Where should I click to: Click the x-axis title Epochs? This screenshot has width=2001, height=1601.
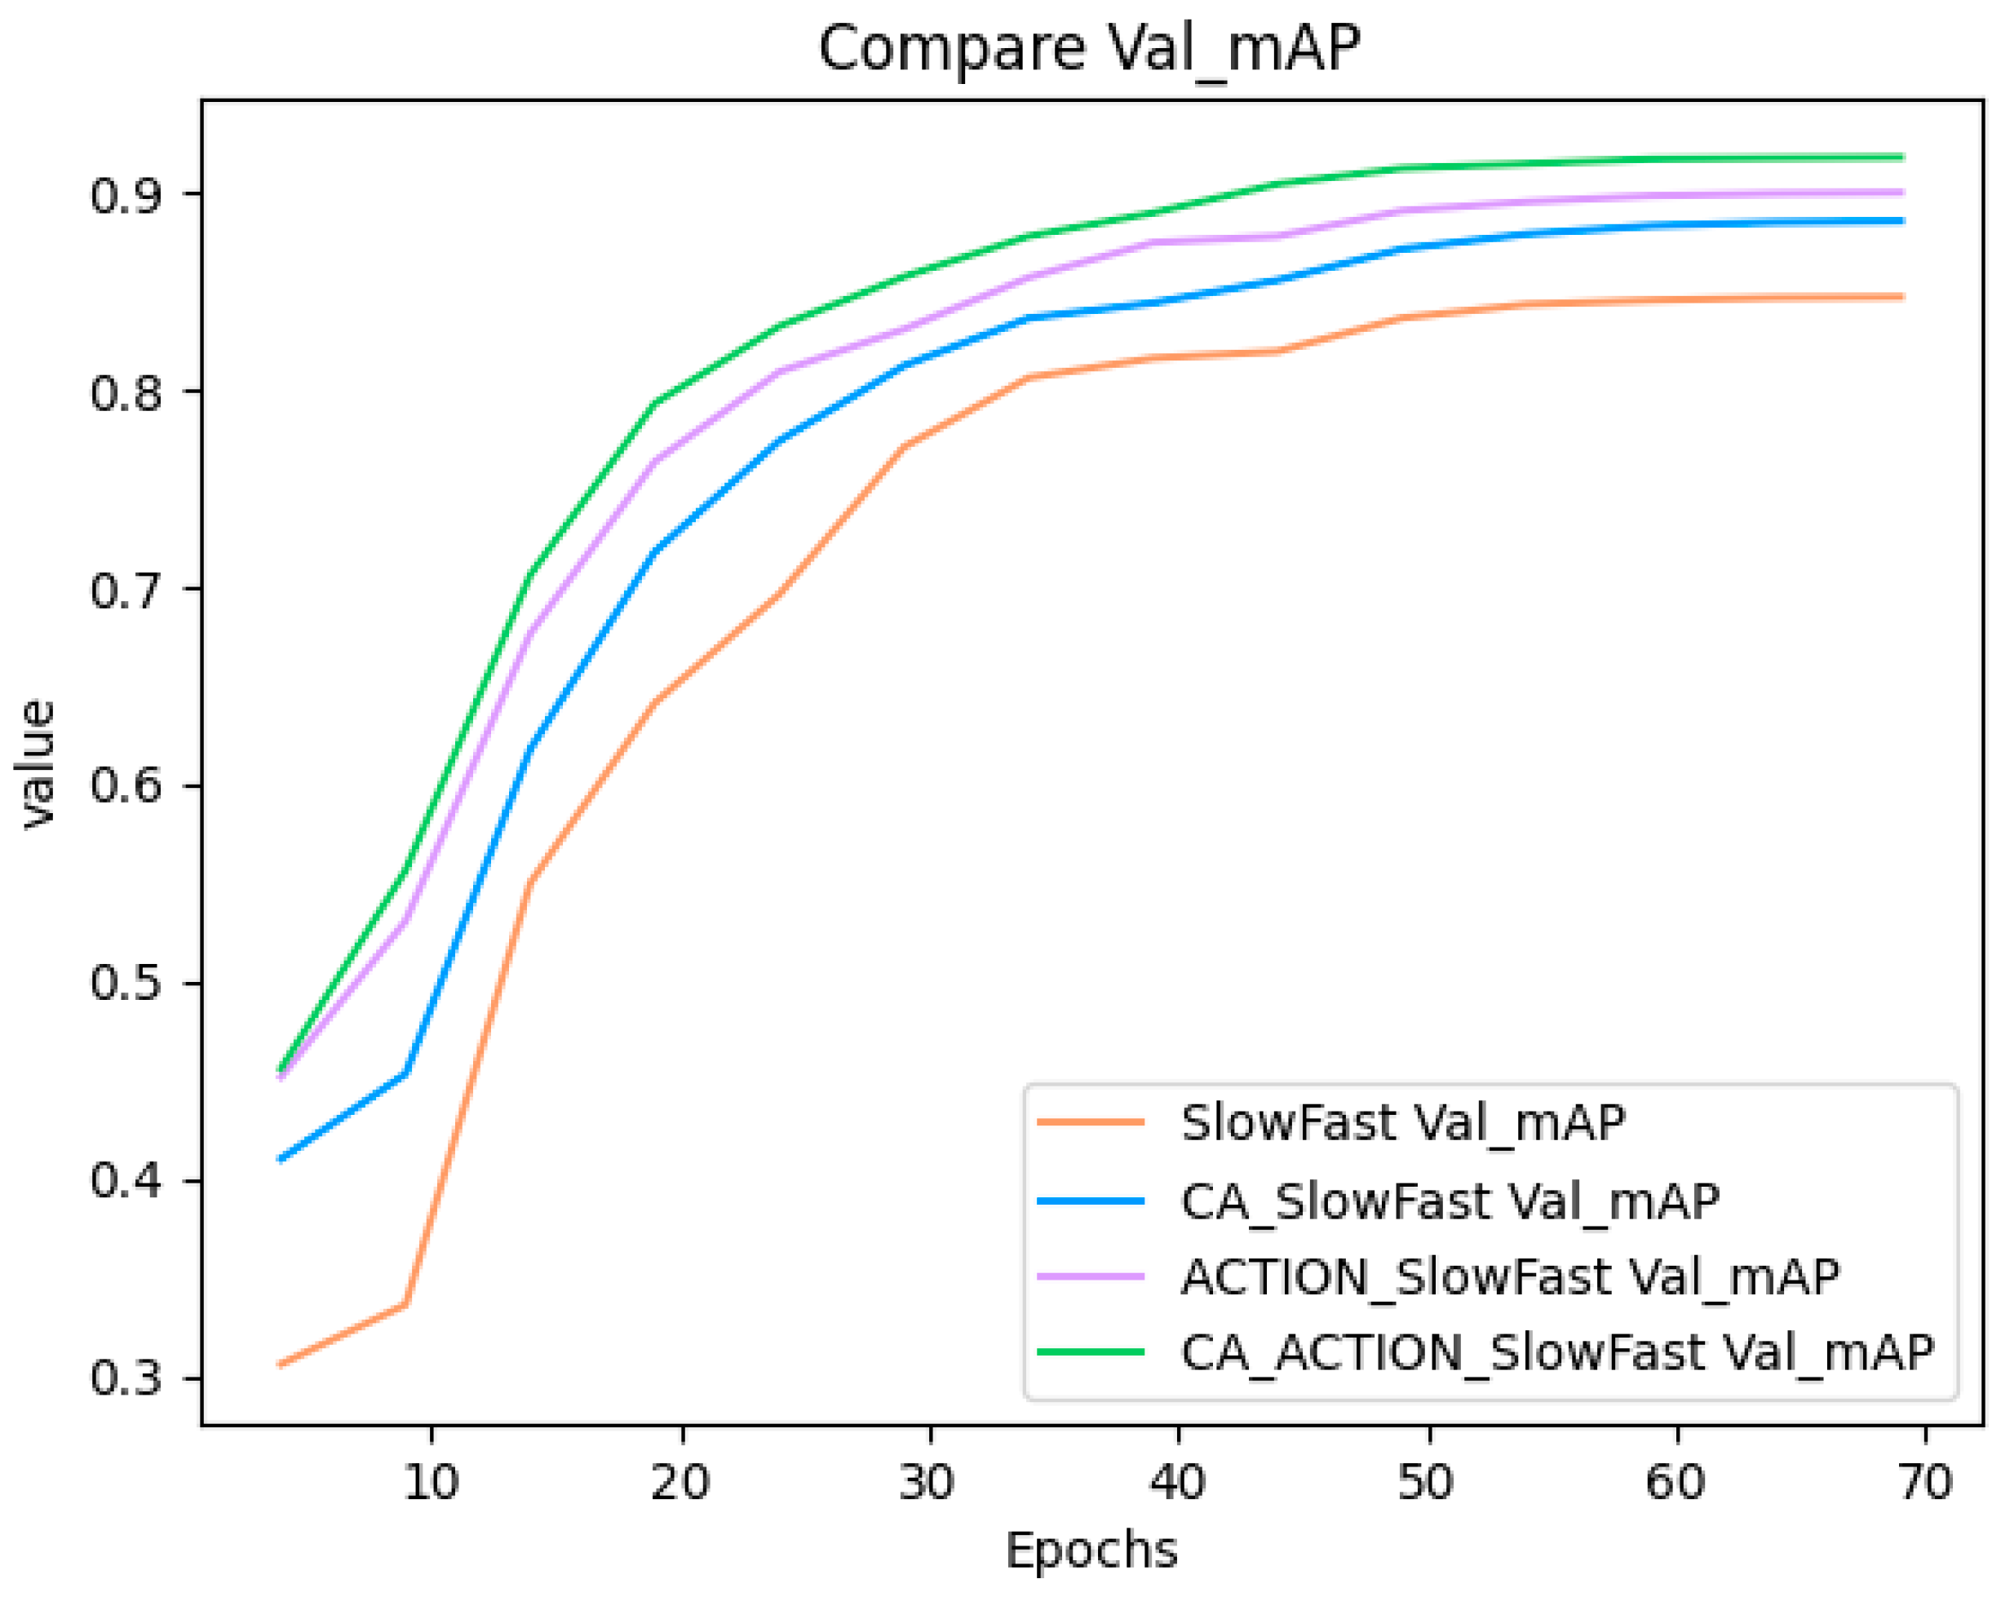[1091, 1549]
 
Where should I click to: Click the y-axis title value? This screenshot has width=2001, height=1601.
[39, 763]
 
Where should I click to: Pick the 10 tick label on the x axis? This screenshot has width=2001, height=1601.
[432, 1481]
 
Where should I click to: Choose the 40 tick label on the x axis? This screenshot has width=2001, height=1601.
[1179, 1481]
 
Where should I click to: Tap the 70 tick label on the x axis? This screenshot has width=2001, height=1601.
[1926, 1481]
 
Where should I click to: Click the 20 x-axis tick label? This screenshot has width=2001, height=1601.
[681, 1481]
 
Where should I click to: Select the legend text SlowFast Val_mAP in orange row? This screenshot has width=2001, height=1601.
[1402, 1122]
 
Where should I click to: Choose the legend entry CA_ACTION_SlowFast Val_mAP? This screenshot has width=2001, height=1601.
[1556, 1352]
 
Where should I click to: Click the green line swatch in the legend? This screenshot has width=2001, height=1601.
[1090, 1352]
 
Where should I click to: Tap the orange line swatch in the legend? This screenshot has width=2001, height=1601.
[1090, 1122]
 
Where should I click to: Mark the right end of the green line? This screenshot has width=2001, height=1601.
[1902, 157]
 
